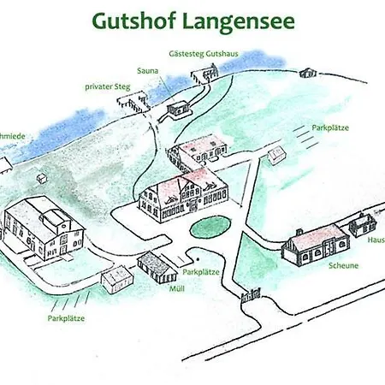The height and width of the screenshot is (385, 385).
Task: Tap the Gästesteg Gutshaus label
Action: coord(204,53)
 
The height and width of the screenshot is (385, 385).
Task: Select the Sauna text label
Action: coord(148,71)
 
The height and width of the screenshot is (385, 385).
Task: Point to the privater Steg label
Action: coord(109,86)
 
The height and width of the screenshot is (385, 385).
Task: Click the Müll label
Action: coord(177,288)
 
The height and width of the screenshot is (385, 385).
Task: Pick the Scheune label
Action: coord(341,265)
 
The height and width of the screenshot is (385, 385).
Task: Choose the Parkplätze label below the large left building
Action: coord(67,317)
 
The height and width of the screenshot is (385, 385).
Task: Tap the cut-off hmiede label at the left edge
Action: coord(10,135)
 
